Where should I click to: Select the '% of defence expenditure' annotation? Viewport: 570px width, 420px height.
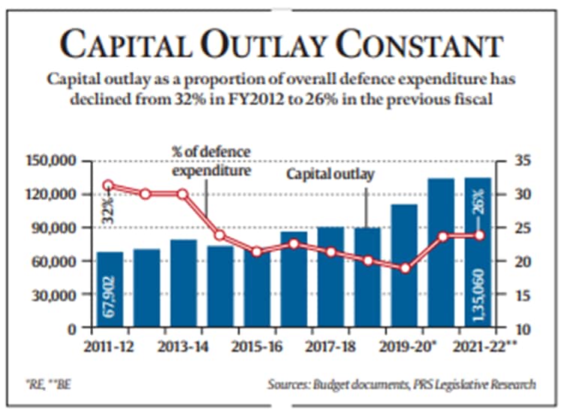[210, 162]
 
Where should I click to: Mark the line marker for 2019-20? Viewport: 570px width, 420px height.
[405, 268]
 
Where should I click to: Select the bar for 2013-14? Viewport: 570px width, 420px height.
[183, 284]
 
